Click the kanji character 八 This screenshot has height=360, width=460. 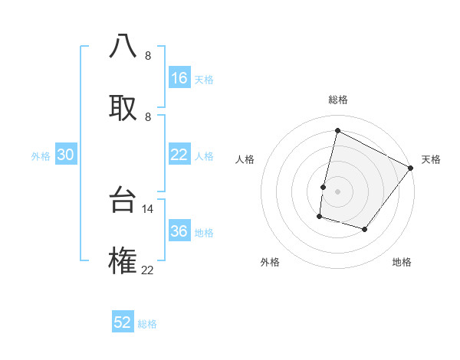pos(123,47)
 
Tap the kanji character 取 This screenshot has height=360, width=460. pos(123,107)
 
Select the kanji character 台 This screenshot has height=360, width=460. pos(123,200)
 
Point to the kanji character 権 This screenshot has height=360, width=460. pos(123,261)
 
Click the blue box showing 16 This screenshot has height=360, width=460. pos(179,78)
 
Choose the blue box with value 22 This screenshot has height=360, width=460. pos(179,155)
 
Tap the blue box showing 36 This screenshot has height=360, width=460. pos(179,231)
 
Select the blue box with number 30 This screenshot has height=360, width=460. pos(65,155)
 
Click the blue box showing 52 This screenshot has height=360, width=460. pos(123,322)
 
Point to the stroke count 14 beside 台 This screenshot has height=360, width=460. pos(148,208)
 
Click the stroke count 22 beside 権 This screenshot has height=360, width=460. pos(148,270)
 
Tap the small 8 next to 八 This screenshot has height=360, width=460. pos(148,56)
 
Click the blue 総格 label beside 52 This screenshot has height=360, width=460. pos(147,324)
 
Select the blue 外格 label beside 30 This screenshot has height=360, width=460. pos(41,155)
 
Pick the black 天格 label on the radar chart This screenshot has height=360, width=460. pos(431,159)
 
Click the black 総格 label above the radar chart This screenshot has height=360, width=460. pos(337,100)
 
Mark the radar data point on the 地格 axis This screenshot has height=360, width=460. pos(365,229)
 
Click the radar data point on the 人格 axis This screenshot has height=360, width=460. pos(324,187)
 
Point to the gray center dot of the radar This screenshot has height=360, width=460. pos(337,191)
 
